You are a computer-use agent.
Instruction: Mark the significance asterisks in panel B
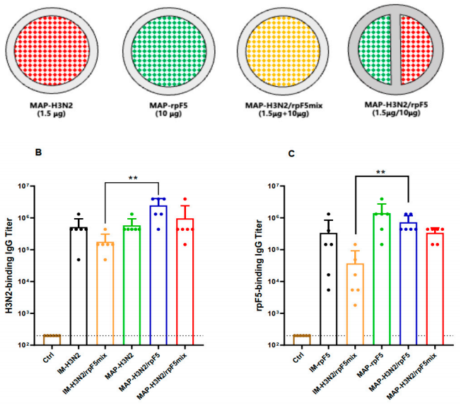pos(132,176)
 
